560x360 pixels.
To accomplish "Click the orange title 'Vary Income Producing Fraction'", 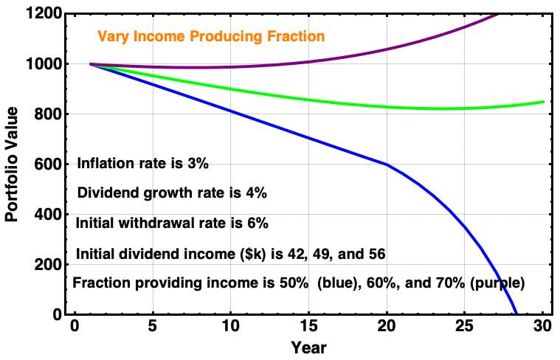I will pyautogui.click(x=210, y=36).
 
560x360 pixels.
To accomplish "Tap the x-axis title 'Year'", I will pyautogui.click(x=308, y=347).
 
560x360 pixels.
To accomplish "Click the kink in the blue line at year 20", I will pyautogui.click(x=387, y=165).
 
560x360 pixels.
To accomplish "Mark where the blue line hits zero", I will pyautogui.click(x=516, y=314).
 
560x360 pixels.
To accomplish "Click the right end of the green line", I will pyautogui.click(x=544, y=102).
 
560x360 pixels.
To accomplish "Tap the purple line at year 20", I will pyautogui.click(x=387, y=49).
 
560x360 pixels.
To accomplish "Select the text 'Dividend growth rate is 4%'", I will pyautogui.click(x=171, y=193).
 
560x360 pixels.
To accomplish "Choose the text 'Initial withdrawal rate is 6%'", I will pyautogui.click(x=172, y=223).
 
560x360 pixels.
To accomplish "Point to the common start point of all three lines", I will pyautogui.click(x=90, y=64).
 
